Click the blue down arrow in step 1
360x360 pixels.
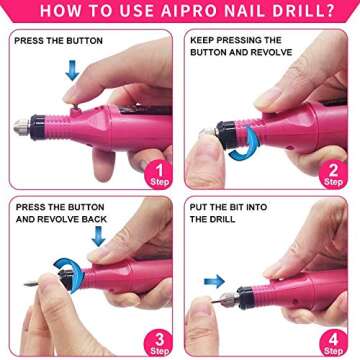pos(71,69)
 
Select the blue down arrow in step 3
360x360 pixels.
pos(97,236)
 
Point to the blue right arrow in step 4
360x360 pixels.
pos(214,282)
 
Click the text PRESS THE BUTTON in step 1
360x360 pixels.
pos(59,43)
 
